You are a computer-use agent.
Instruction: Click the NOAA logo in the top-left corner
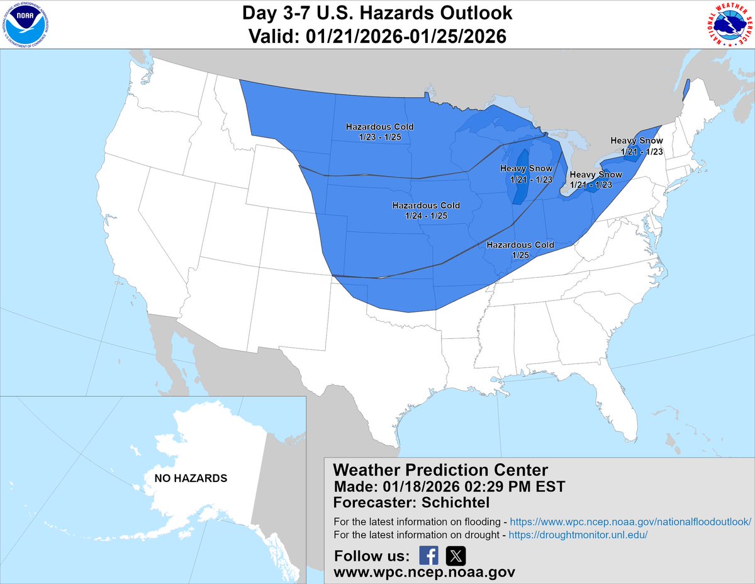tap(25, 25)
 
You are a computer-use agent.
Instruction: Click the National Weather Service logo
tap(729, 25)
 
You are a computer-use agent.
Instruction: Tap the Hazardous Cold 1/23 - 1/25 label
tap(379, 132)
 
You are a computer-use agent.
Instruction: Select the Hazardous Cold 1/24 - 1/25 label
tap(426, 210)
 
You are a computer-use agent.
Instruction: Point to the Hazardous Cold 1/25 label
tap(520, 249)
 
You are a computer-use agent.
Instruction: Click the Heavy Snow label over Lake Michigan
tap(527, 174)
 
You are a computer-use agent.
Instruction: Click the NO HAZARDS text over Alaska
tap(191, 478)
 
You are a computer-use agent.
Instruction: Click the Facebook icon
tap(428, 556)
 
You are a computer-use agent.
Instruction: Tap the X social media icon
tap(456, 556)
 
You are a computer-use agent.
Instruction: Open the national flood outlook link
tap(630, 522)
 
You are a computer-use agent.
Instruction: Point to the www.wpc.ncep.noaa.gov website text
tap(424, 572)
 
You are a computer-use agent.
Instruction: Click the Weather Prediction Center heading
tap(440, 470)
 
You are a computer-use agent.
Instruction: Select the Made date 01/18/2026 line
tap(449, 486)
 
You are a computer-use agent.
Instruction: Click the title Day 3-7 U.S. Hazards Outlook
tap(377, 13)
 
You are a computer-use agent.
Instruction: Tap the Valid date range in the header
tap(377, 37)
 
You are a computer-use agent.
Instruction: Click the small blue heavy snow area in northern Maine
tap(686, 89)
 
